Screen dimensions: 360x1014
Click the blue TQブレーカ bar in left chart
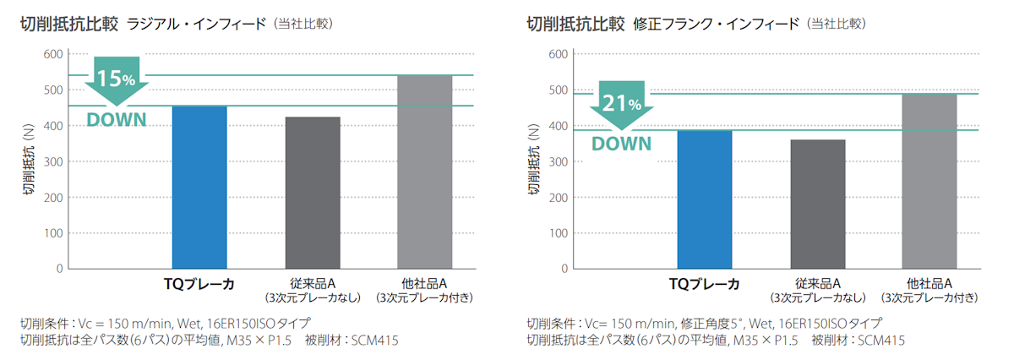tap(199, 188)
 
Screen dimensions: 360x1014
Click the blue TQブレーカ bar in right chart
tap(705, 199)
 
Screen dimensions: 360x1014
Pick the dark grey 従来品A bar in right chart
tap(817, 204)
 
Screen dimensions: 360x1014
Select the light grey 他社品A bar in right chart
tap(929, 181)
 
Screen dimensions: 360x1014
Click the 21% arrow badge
tap(621, 104)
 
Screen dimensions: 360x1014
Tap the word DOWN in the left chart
tap(117, 120)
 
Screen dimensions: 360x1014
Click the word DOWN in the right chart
tap(621, 144)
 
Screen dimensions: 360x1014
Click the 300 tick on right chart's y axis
tap(559, 161)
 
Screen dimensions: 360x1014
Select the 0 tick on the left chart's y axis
tap(59, 269)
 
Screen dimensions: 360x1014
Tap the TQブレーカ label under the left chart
tap(199, 283)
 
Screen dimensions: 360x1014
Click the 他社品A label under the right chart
tap(929, 283)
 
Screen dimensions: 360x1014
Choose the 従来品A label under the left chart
tap(313, 283)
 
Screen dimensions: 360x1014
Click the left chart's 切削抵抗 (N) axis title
tap(29, 161)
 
